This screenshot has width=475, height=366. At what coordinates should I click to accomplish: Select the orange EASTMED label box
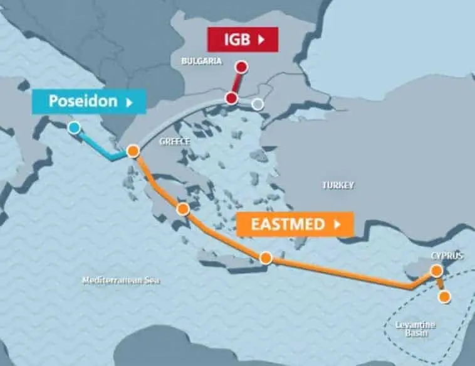point(295,223)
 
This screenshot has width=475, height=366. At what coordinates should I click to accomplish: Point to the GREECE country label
point(174,141)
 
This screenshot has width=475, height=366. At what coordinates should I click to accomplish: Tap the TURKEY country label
point(338,185)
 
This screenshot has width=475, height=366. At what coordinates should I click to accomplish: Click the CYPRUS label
point(447,256)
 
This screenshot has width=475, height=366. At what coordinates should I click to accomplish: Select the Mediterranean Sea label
point(122,281)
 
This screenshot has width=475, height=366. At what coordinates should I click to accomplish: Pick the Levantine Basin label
point(415,328)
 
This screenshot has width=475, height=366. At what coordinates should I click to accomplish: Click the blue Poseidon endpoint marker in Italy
point(75,128)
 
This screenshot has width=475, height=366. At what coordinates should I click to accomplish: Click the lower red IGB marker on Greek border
point(231,98)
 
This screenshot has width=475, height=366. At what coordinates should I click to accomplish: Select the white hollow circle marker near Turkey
point(257,104)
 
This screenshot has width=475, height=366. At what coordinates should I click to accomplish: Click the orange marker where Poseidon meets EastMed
point(133,151)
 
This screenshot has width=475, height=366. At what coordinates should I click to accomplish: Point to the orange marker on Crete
point(266,257)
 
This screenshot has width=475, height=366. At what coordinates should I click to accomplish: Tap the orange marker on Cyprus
point(436,271)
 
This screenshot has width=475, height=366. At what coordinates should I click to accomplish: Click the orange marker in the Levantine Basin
point(444,296)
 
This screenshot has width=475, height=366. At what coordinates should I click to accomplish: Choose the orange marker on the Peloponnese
point(182,209)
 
